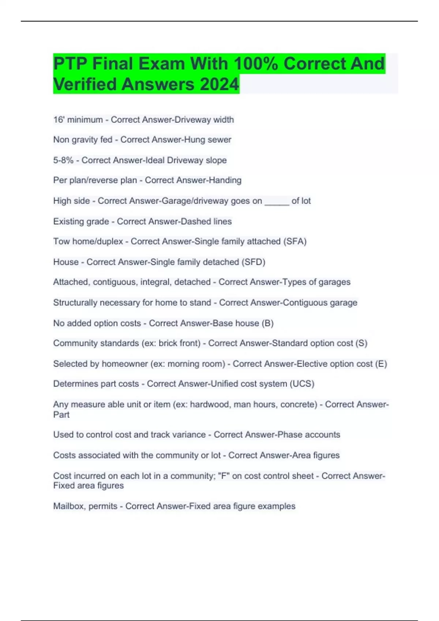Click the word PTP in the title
[70, 64]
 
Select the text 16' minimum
[78, 120]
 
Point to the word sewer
[219, 140]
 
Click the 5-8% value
[63, 160]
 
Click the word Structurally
[75, 303]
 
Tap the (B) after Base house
[267, 323]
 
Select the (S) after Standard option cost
[361, 343]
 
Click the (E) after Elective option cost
[381, 364]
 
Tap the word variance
[188, 435]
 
